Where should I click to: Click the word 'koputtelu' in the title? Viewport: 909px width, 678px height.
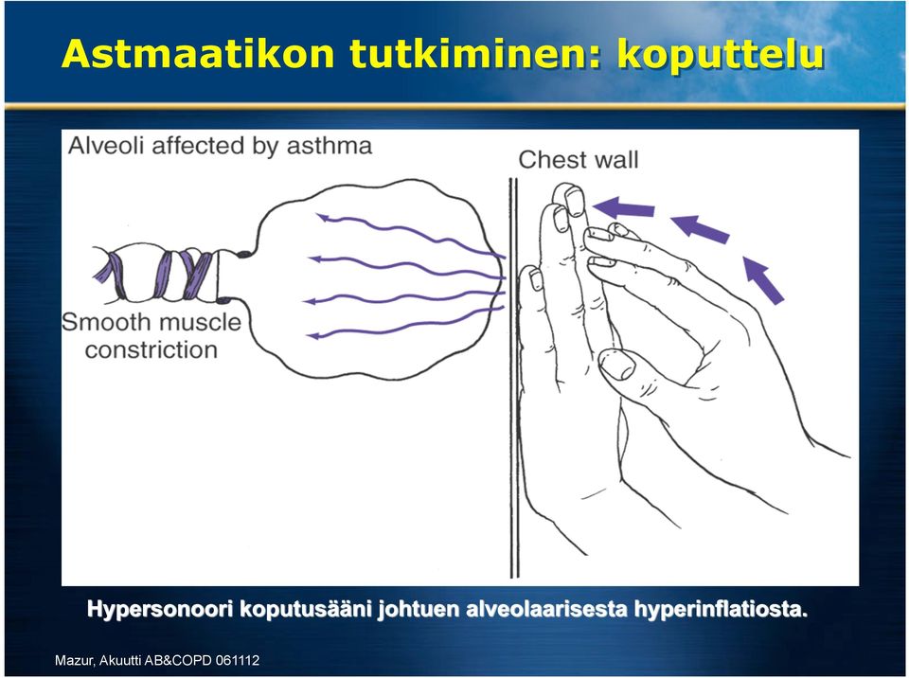coord(720,55)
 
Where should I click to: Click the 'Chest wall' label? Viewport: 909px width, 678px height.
coord(578,159)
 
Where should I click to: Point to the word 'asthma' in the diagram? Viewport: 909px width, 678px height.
coord(329,146)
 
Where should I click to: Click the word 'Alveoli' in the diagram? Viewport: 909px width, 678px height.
coord(106,146)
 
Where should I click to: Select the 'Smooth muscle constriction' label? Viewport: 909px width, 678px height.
coord(151,336)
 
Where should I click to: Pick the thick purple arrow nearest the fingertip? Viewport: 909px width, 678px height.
coord(623,207)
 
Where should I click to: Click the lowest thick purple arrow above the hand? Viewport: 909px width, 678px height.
coord(763,280)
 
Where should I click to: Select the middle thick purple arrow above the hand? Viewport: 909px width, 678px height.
coord(700,228)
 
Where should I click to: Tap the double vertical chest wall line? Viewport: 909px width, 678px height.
coord(513,377)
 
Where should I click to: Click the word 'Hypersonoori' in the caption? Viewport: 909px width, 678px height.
coord(160,610)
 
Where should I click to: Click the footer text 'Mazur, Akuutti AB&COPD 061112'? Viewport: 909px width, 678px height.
coord(157,660)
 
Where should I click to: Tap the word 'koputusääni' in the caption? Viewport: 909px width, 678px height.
coord(306,610)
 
